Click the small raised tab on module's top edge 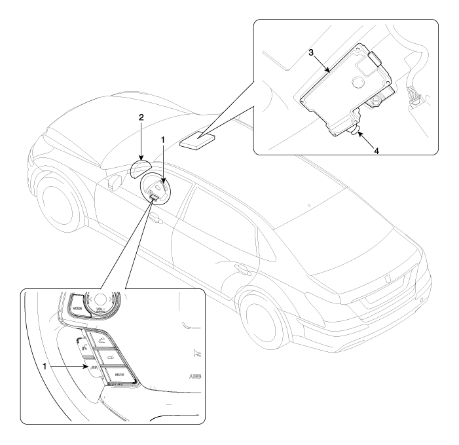click(373, 58)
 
